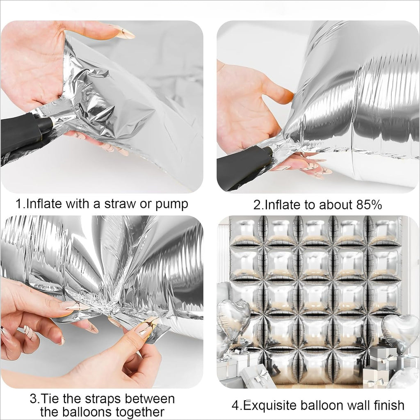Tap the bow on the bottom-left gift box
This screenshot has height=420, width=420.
[x=258, y=374]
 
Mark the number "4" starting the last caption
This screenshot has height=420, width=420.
[x=235, y=405]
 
